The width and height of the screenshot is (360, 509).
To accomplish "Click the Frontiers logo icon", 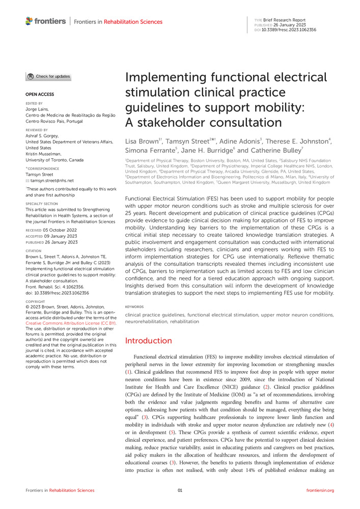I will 29,21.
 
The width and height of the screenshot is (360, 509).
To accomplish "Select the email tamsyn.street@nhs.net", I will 51,180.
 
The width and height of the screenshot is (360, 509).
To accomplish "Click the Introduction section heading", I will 148,341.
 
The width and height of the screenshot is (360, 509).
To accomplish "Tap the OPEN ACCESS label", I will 39,94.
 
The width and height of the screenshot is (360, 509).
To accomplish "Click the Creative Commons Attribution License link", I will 71,323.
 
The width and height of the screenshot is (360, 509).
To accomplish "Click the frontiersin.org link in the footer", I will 320,490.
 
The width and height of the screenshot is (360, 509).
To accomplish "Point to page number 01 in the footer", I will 180,490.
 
